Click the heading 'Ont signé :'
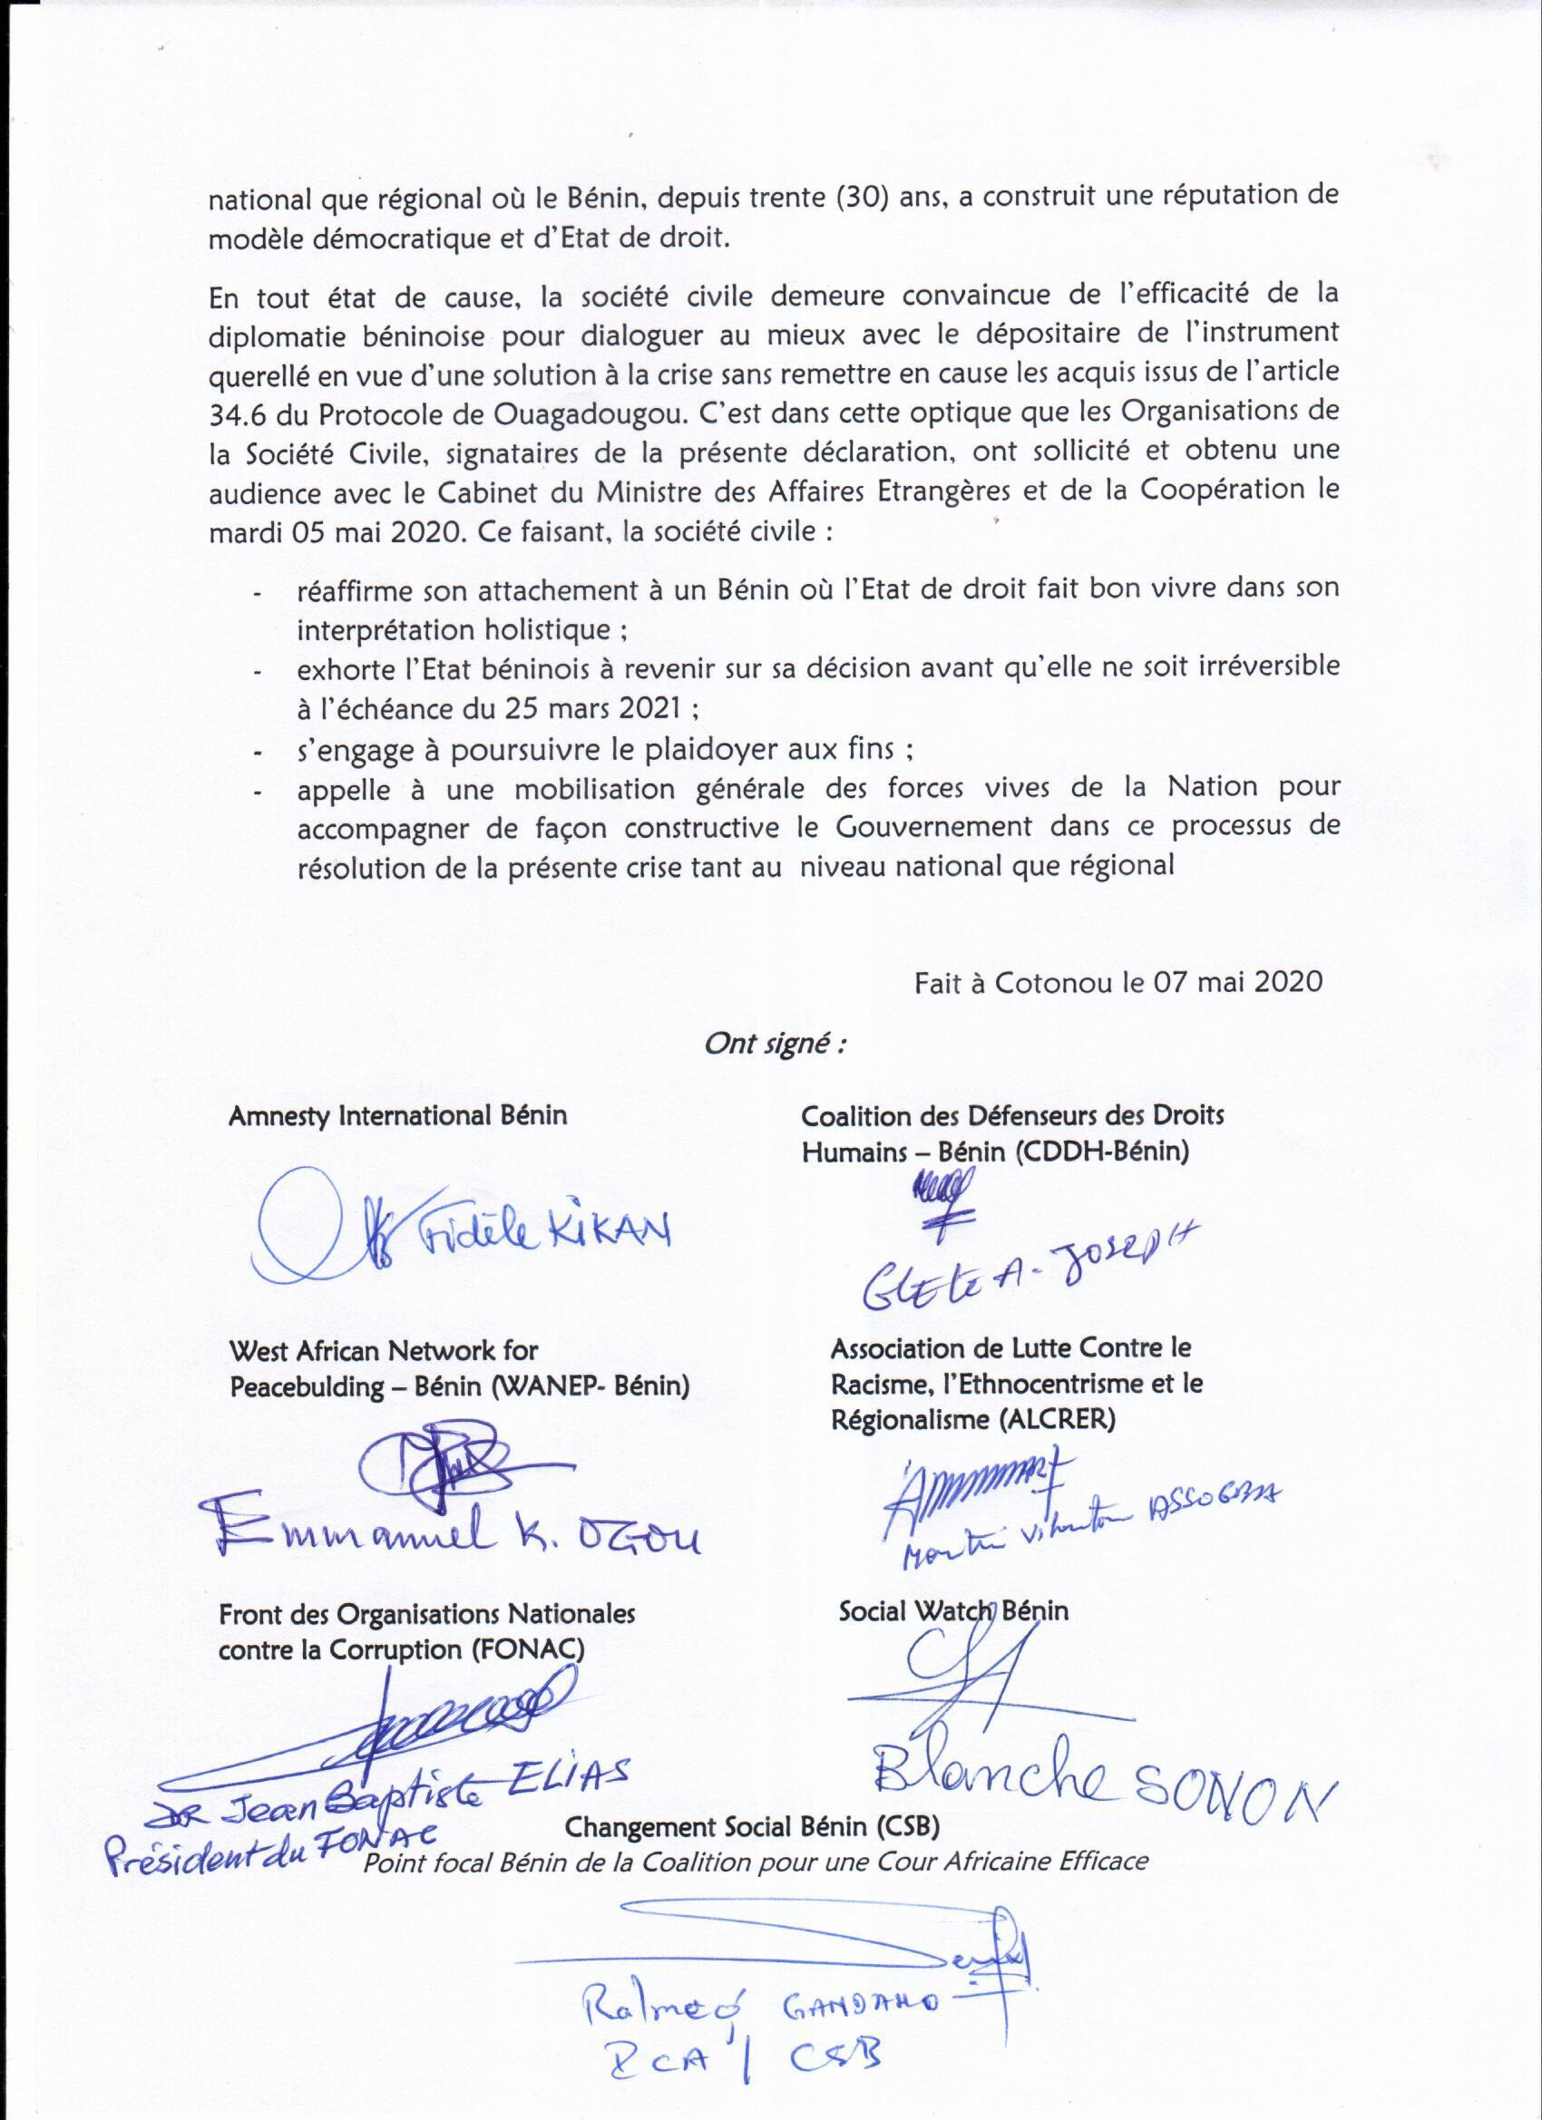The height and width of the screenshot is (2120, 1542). tap(775, 1044)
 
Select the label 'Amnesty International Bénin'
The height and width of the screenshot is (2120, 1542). tap(397, 1116)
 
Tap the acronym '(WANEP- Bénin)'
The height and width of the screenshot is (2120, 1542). tap(591, 1386)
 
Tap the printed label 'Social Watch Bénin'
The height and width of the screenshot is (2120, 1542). tap(953, 1610)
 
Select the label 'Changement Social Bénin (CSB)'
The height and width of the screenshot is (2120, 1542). tap(752, 1826)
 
